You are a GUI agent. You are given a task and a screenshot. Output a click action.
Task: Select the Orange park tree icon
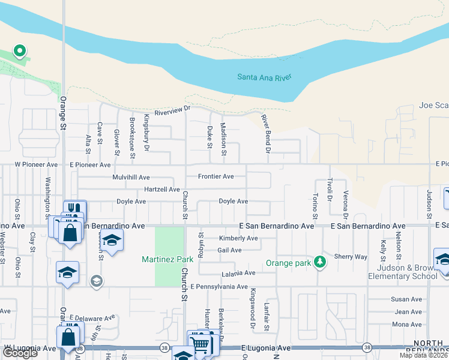[x=320, y=261]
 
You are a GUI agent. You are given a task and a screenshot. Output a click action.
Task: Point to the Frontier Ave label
[x=216, y=176]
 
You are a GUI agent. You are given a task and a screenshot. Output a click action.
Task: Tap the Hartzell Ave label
[x=162, y=189]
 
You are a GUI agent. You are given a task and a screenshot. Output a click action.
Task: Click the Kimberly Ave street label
[x=238, y=238]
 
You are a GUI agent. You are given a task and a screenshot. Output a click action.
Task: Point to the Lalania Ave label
[x=238, y=272]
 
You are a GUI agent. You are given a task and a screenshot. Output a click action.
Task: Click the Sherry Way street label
[x=351, y=256]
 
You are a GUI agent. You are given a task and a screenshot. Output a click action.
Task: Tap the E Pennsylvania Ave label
[x=218, y=287]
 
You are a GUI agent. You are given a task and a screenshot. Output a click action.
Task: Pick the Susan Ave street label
[x=406, y=299]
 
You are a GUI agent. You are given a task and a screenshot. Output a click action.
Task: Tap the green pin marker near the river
[x=19, y=51]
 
